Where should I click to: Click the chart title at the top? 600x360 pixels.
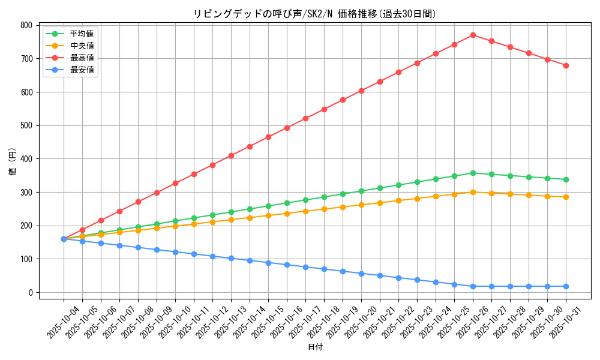pyautogui.click(x=314, y=14)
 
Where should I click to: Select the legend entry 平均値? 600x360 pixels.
pyautogui.click(x=82, y=34)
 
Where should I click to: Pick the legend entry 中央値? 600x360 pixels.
pyautogui.click(x=82, y=46)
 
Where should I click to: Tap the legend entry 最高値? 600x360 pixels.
pyautogui.click(x=82, y=58)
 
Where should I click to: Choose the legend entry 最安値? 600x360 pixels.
pyautogui.click(x=82, y=70)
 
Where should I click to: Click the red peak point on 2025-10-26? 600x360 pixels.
pyautogui.click(x=473, y=35)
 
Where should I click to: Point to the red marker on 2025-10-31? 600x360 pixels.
pyautogui.click(x=566, y=65)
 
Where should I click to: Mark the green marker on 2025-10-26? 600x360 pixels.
pyautogui.click(x=473, y=173)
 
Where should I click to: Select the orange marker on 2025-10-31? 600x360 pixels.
pyautogui.click(x=566, y=197)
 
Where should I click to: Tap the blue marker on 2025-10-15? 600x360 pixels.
pyautogui.click(x=268, y=263)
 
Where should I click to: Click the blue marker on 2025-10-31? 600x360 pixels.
pyautogui.click(x=566, y=286)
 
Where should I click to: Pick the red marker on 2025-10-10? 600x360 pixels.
pyautogui.click(x=175, y=183)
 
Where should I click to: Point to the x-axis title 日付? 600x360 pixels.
pyautogui.click(x=315, y=347)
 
